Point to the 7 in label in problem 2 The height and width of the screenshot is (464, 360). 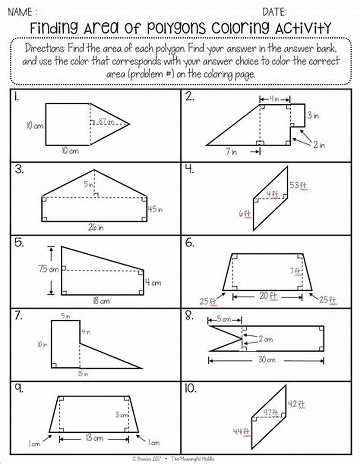coord(231,152)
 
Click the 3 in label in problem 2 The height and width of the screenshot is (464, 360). coord(313,115)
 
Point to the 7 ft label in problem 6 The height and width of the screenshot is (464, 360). coord(295,271)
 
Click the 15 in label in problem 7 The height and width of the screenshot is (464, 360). coord(83,373)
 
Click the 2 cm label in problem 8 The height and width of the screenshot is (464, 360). coord(265,339)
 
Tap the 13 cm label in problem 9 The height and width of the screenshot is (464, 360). coord(94,437)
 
